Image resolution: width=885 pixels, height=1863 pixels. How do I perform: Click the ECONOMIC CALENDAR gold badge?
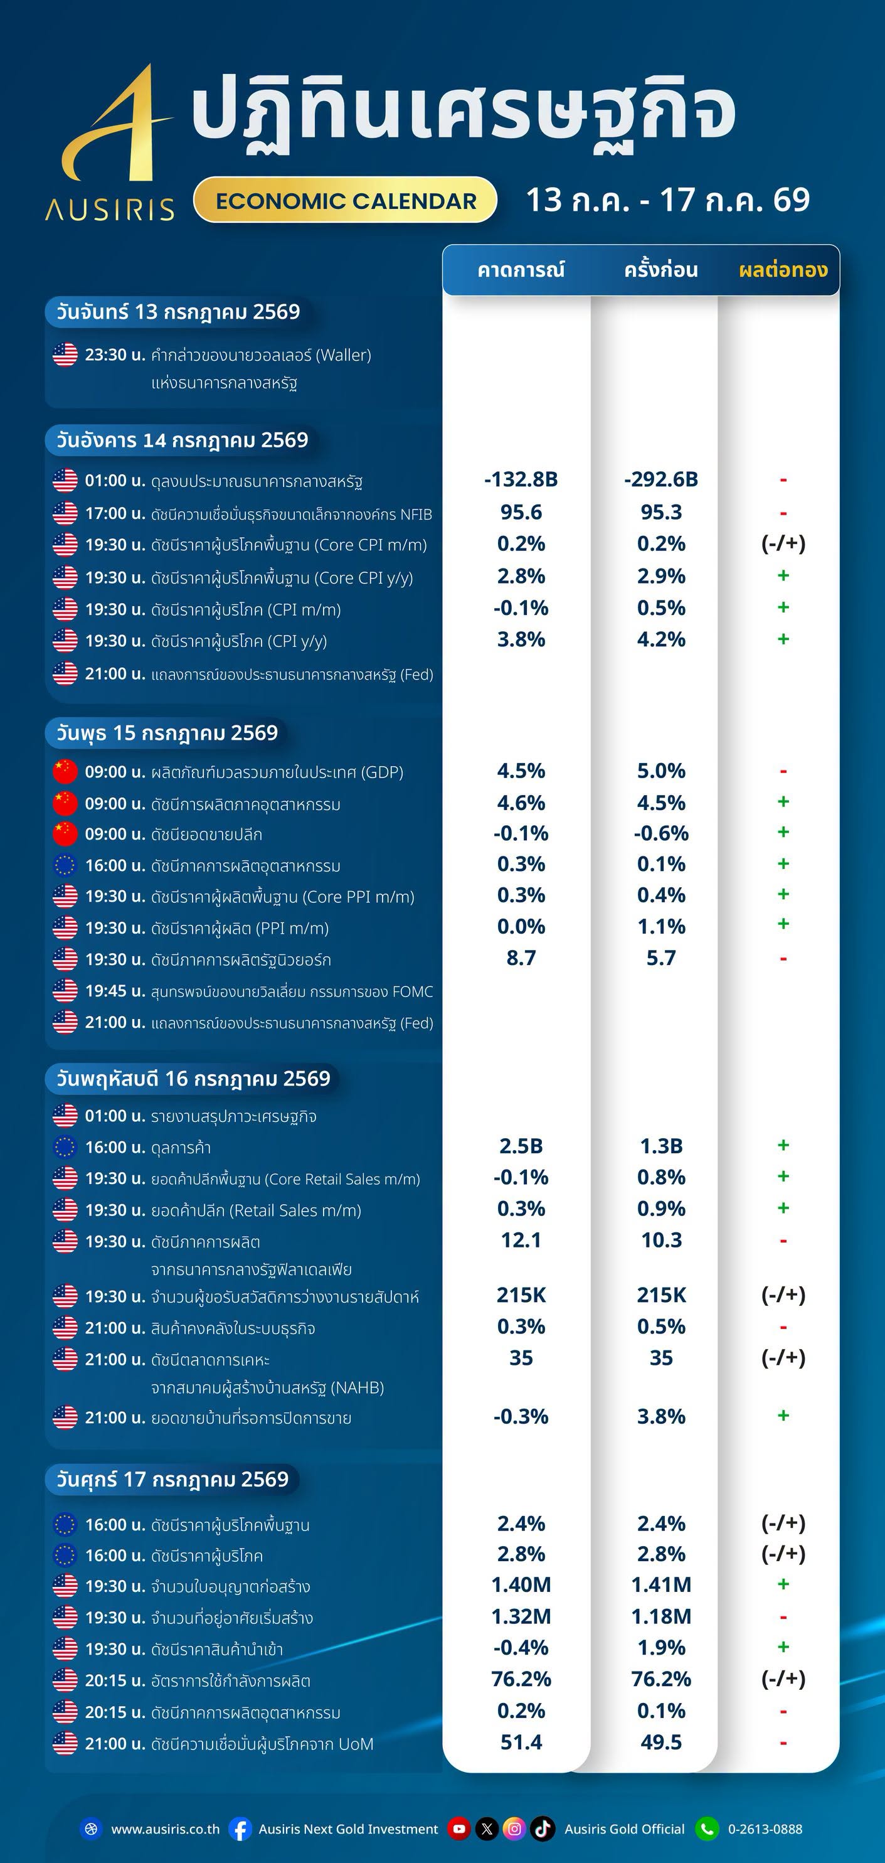[x=345, y=200]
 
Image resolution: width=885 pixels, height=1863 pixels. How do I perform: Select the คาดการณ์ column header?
[x=521, y=270]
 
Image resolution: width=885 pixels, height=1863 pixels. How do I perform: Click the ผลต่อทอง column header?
[x=783, y=270]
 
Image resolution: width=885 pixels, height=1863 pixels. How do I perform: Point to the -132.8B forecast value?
[x=521, y=479]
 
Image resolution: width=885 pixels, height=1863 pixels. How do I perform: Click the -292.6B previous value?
[x=661, y=479]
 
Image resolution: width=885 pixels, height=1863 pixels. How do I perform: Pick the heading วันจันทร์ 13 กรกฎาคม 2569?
[x=178, y=312]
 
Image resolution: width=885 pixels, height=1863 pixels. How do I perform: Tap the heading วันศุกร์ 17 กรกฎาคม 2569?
[x=172, y=1480]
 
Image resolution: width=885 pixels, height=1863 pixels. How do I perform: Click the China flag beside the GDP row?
[x=65, y=772]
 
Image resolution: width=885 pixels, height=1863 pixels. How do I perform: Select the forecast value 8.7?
[x=521, y=958]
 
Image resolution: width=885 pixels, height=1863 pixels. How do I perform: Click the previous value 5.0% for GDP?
[x=661, y=771]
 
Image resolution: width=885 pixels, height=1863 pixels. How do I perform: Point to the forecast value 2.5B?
[x=521, y=1146]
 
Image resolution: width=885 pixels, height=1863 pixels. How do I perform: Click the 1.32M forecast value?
[x=521, y=1616]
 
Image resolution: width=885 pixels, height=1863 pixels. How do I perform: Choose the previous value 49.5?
[x=661, y=1743]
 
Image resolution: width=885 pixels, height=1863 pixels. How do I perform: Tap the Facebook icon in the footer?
[x=241, y=1829]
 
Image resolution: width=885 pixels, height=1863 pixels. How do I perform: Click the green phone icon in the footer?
[x=707, y=1829]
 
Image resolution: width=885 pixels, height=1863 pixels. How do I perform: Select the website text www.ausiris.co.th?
[x=166, y=1829]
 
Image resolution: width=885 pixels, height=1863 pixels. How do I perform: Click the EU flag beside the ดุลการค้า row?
[x=65, y=1147]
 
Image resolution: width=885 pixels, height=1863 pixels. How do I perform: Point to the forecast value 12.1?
[x=521, y=1241]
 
